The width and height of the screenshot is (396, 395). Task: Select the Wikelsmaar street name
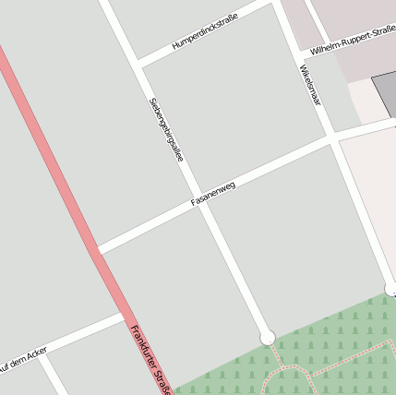tap(310, 85)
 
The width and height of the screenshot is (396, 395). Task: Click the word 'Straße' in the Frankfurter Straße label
tap(162, 381)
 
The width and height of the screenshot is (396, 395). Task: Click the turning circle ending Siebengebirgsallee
tap(268, 338)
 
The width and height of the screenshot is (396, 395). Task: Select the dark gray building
tap(385, 92)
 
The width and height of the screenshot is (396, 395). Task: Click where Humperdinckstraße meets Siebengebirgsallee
tap(139, 65)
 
